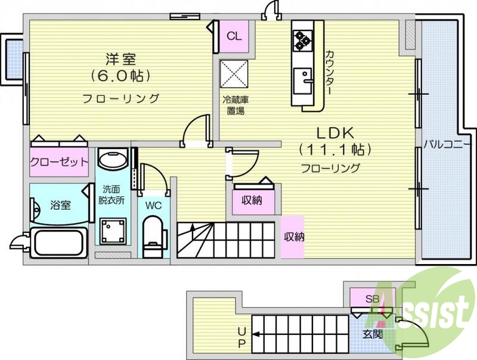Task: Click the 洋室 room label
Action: pos(120,59)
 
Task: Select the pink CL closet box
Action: pos(234,36)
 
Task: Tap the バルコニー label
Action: pos(448,144)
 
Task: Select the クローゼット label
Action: pos(59,162)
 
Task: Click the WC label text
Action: pos(153,205)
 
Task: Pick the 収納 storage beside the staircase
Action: pos(293,237)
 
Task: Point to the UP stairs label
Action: pos(241,337)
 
